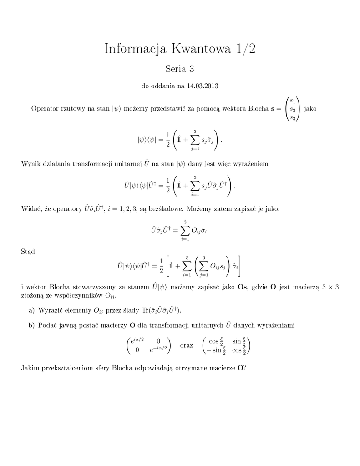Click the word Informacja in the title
(x=135, y=49)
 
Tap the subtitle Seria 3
(x=180, y=69)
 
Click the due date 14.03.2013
(x=203, y=86)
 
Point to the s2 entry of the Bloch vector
(x=293, y=110)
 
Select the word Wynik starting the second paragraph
(x=31, y=164)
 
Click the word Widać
(x=31, y=208)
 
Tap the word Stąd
(x=28, y=251)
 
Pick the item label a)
(x=31, y=310)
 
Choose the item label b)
(x=31, y=325)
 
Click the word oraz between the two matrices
(x=187, y=345)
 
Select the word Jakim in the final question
(x=30, y=368)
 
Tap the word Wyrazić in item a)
(x=51, y=310)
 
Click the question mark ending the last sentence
(x=245, y=368)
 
